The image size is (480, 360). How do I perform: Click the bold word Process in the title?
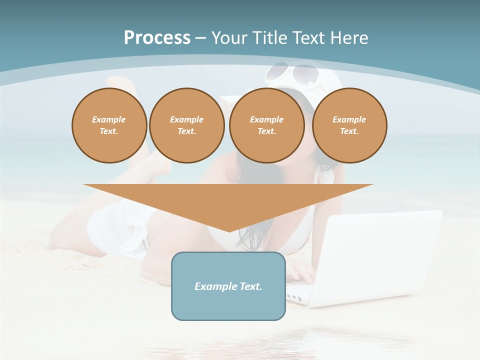[157, 37]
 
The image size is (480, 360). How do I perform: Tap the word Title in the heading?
[268, 37]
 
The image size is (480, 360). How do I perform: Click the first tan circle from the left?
[109, 125]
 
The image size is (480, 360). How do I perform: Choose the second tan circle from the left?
[187, 125]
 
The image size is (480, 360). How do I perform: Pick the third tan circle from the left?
[267, 125]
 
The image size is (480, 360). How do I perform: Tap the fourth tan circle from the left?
[349, 125]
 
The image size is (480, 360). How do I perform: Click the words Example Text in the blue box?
[228, 286]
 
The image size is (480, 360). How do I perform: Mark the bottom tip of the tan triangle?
[229, 231]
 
